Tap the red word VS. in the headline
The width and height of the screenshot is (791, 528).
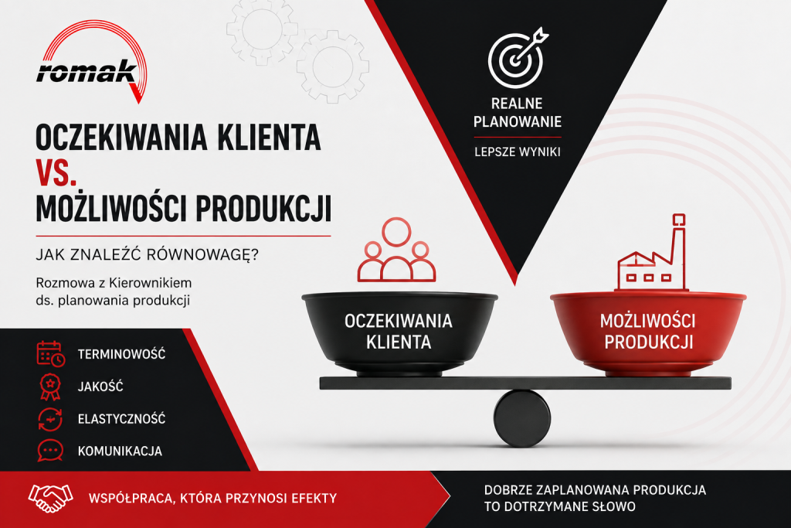coord(56,172)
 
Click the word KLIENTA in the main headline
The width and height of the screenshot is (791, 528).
coord(269,138)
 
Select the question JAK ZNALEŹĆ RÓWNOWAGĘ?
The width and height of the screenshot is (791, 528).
coord(147,254)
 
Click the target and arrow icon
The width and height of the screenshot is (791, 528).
coord(518,57)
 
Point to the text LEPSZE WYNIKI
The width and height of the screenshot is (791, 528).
coord(517,152)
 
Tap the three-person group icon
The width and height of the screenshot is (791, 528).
coord(396,250)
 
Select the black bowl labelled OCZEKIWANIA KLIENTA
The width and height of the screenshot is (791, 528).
coord(399,333)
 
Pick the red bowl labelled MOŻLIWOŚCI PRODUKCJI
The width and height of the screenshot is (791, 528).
coord(648,333)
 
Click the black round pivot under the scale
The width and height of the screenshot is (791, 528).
coord(521,418)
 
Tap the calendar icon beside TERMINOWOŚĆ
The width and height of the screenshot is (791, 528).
coord(50,353)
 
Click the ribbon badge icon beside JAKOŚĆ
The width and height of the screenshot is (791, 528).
coord(50,387)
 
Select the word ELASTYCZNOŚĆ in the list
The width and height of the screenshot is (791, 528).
coord(121,419)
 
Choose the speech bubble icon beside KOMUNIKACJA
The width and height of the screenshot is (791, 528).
coord(50,451)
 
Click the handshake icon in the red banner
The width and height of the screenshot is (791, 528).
coord(50,498)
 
